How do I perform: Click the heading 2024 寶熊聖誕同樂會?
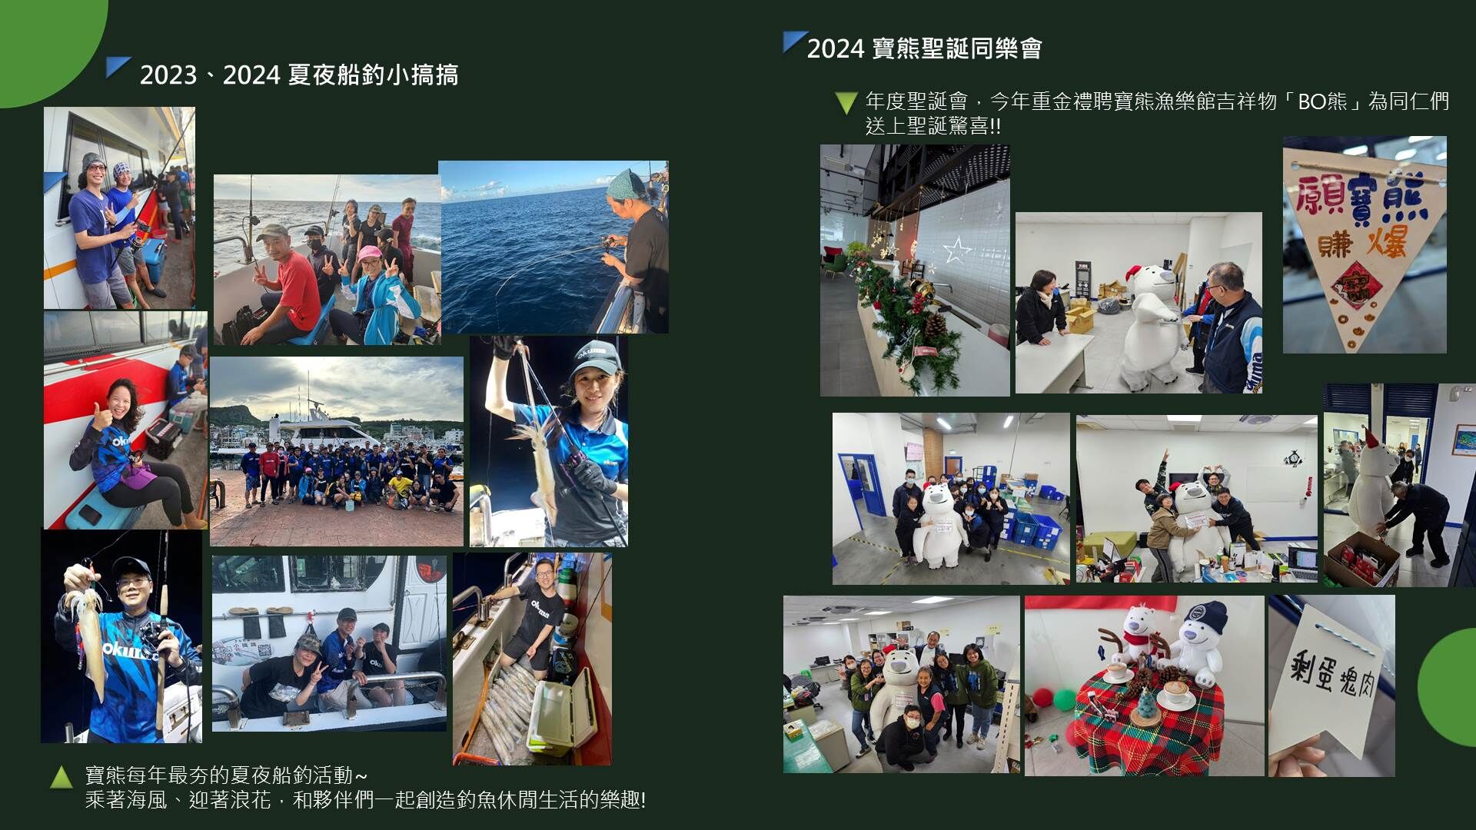point(924,48)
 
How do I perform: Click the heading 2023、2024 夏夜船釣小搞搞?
point(299,75)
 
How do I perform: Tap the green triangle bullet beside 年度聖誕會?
point(846,103)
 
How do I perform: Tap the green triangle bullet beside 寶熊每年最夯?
point(61,777)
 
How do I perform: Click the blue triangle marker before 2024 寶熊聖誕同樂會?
point(794,41)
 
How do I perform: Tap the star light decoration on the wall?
point(957,250)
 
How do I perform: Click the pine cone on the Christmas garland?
point(935,326)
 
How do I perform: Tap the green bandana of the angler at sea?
point(623,184)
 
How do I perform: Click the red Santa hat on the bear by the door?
point(1371,440)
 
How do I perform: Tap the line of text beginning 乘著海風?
point(365,800)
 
